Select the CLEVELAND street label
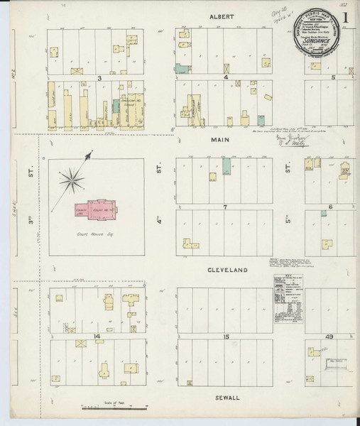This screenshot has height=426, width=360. [x=226, y=271]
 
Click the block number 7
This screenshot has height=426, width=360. [x=224, y=207]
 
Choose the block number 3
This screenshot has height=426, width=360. [x=100, y=77]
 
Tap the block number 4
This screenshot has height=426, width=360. [x=226, y=77]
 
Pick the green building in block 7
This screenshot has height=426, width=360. [x=226, y=168]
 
